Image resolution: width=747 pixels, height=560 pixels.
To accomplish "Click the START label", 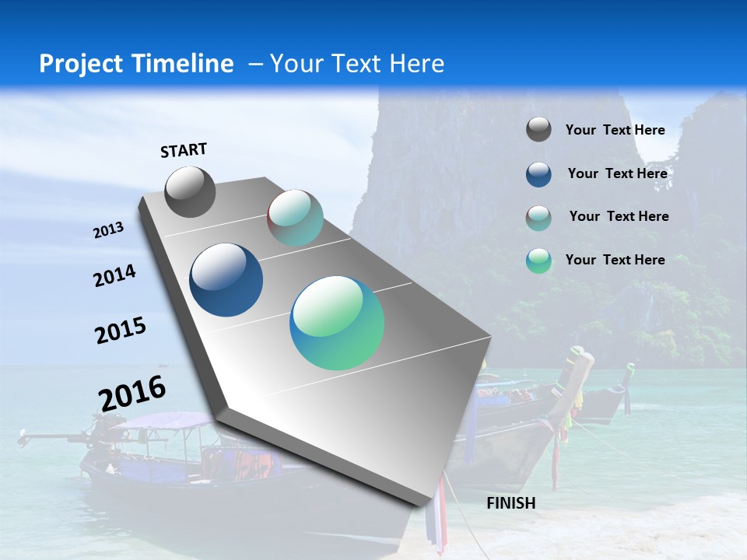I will [x=184, y=150].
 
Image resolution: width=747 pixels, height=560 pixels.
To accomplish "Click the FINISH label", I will [x=510, y=503].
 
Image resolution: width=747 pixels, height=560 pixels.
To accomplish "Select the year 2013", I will [x=109, y=229].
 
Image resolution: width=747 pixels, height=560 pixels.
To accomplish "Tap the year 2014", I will [x=114, y=276].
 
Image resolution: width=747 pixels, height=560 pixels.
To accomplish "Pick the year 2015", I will [x=120, y=331].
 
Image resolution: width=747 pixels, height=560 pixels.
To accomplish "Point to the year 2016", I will [x=132, y=393].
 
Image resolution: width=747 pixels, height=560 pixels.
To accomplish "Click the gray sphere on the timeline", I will [x=190, y=192].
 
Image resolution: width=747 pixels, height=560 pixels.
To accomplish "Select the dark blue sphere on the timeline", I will [x=226, y=280].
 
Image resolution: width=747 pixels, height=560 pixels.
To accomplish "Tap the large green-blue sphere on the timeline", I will [x=337, y=323].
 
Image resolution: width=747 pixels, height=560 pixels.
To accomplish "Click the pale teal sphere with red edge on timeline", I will [x=296, y=218].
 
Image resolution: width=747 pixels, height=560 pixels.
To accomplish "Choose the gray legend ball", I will [x=538, y=130].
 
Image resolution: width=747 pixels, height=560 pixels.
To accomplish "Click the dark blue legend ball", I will [x=538, y=174].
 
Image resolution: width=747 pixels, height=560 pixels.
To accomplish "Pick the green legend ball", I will [x=538, y=261].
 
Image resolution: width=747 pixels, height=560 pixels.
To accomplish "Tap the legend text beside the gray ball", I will [x=615, y=130].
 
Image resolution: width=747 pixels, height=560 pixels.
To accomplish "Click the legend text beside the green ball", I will [x=615, y=260].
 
